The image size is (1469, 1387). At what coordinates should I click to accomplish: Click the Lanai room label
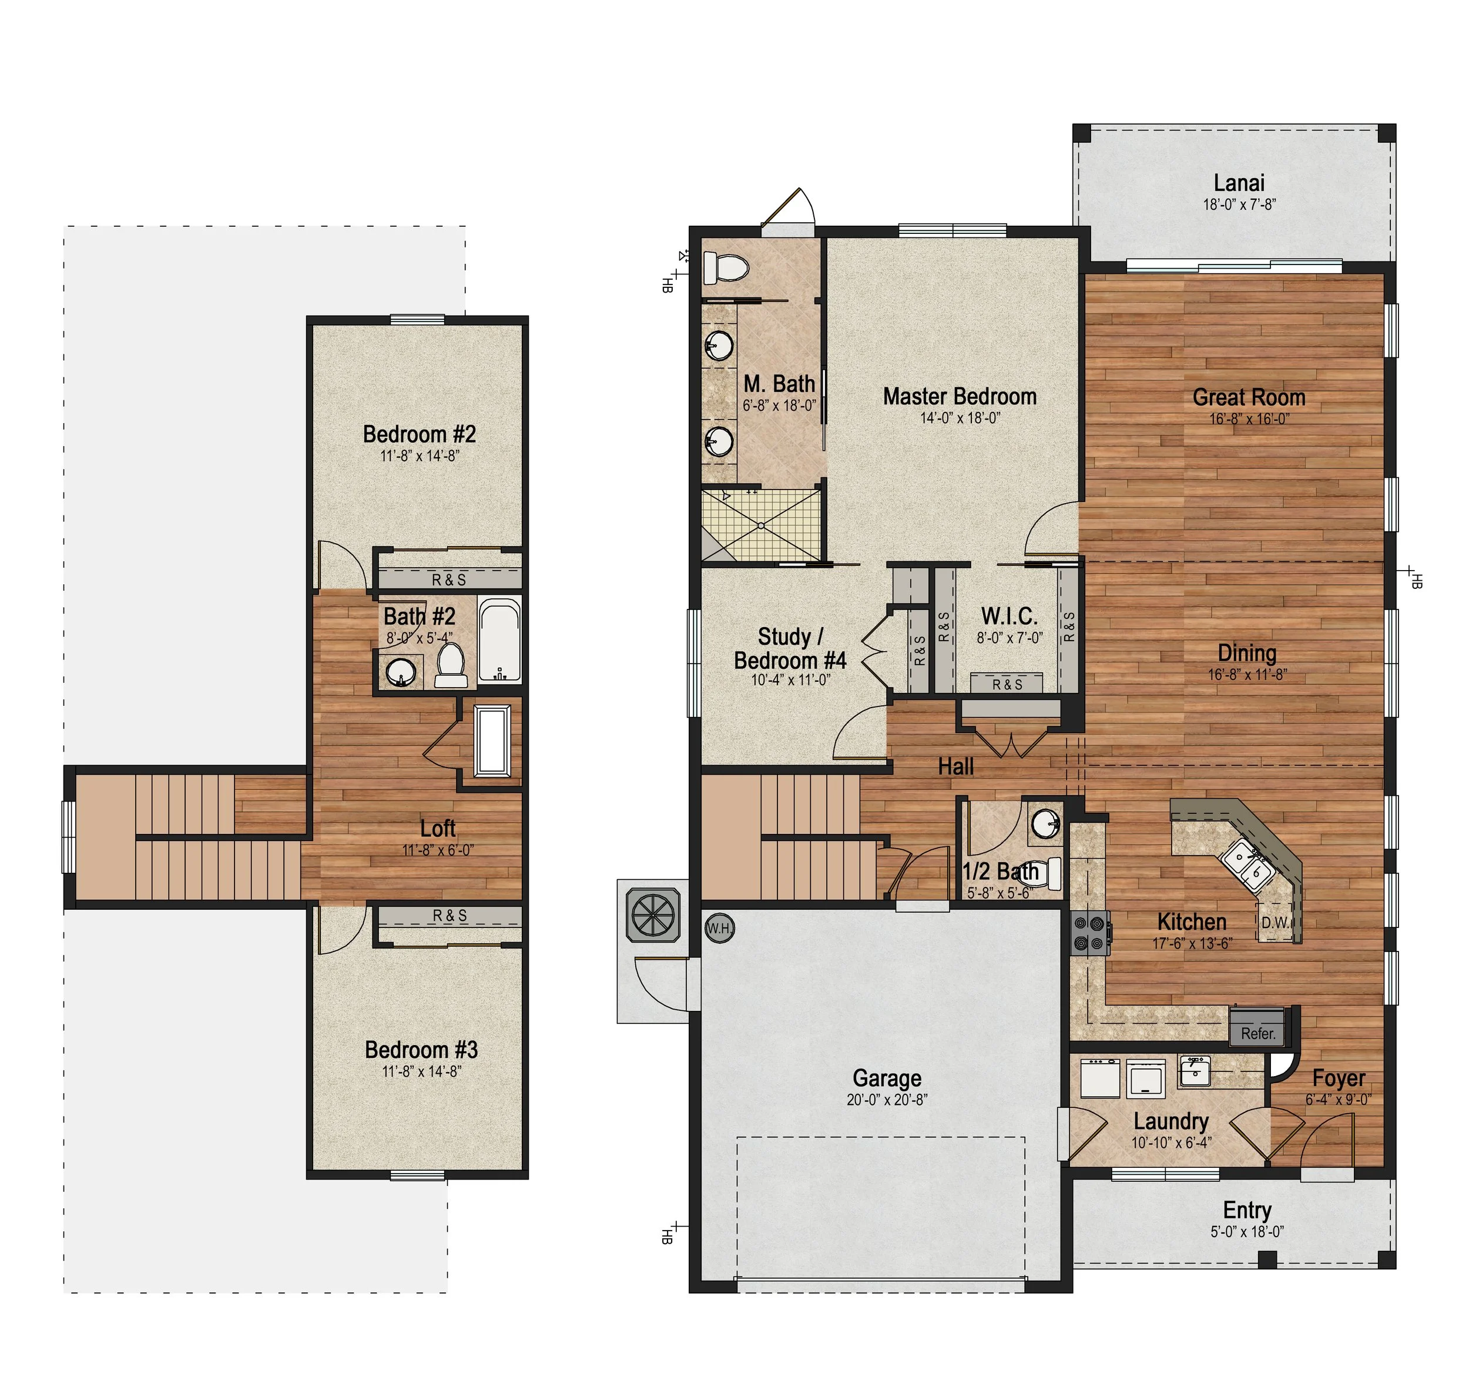(1239, 183)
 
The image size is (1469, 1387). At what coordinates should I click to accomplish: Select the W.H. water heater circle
(719, 929)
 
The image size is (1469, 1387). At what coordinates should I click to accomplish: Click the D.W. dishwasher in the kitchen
(1275, 923)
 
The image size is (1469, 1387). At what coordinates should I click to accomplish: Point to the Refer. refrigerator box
(1257, 1033)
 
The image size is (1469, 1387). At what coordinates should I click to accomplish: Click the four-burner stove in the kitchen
(1090, 934)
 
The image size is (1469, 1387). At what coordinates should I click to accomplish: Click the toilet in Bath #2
(450, 665)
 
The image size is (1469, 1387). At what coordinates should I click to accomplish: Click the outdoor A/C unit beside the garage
(653, 915)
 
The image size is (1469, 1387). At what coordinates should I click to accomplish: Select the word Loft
(438, 828)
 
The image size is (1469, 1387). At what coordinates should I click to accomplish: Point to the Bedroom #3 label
(421, 1049)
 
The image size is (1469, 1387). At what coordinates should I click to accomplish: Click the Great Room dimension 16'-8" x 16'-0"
(1249, 418)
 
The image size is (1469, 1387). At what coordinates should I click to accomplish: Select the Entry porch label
(1247, 1210)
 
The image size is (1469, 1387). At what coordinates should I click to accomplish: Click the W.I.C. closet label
(1009, 616)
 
